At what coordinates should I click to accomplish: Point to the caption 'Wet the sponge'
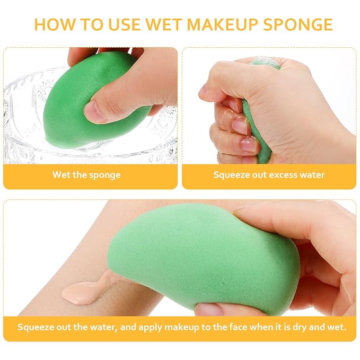click(x=86, y=175)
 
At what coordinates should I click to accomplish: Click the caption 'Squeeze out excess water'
click(x=269, y=175)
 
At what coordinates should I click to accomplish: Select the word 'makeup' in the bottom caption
click(x=181, y=327)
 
